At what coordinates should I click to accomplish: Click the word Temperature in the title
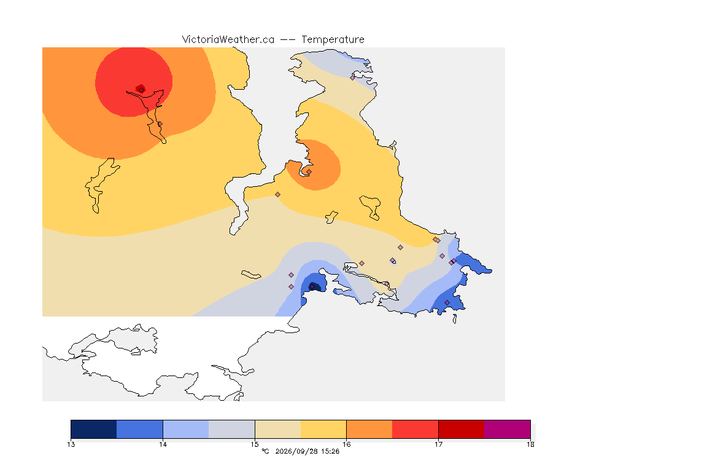333,40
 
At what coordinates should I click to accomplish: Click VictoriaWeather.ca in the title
228,40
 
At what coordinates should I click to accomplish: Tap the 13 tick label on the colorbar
71,444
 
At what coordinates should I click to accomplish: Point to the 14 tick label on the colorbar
163,444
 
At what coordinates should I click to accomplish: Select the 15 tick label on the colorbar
255,444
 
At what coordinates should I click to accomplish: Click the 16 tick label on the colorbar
346,444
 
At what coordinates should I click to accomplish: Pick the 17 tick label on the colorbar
438,444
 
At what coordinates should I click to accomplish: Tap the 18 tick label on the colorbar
530,444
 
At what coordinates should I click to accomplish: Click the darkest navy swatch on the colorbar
94,429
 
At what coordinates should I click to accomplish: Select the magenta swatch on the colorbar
508,429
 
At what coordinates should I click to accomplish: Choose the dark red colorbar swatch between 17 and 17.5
462,429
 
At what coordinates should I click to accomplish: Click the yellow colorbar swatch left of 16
323,429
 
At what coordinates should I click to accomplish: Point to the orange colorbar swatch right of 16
369,429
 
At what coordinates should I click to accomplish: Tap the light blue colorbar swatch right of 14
186,429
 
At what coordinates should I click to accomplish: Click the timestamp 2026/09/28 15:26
307,451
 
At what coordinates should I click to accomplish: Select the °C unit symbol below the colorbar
265,451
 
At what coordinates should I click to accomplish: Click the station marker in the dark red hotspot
142,90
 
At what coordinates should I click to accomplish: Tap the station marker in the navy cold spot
312,287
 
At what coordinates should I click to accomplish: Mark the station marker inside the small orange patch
309,171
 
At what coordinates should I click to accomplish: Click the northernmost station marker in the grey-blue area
353,77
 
